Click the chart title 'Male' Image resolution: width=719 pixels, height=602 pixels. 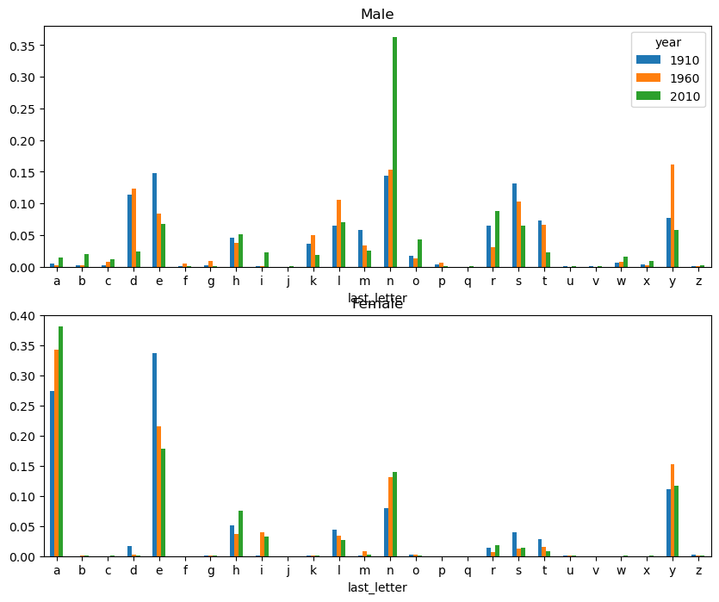click(x=377, y=14)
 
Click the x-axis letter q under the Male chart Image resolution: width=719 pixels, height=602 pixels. click(x=468, y=281)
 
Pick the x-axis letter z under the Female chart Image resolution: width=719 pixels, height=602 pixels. click(x=698, y=570)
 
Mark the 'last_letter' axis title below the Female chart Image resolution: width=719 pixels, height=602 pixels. click(x=377, y=587)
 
